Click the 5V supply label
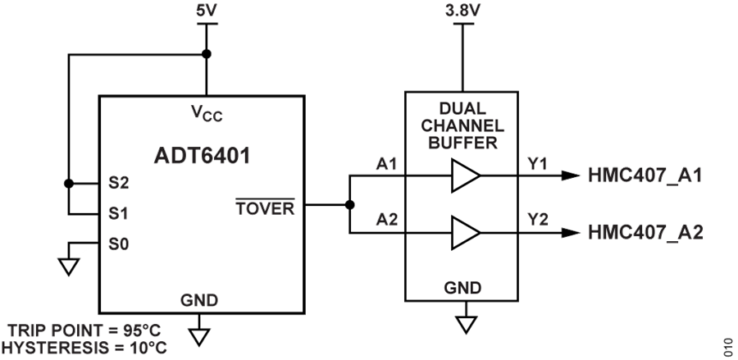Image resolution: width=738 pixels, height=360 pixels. click(x=207, y=12)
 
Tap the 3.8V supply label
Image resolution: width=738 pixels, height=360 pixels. click(x=463, y=12)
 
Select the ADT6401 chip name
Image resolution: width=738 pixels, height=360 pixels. click(x=202, y=155)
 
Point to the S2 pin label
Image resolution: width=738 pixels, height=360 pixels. click(x=119, y=182)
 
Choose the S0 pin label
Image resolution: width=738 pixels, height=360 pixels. click(x=119, y=244)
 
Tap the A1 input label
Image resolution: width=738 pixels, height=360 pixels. click(x=387, y=165)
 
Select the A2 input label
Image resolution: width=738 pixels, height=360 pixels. click(x=387, y=220)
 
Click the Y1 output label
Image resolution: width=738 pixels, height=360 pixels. click(x=538, y=165)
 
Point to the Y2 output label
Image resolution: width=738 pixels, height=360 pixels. click(x=538, y=220)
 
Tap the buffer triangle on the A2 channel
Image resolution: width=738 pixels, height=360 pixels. click(x=465, y=232)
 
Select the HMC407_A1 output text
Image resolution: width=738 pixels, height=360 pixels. click(x=645, y=175)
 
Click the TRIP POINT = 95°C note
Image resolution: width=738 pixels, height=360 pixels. click(x=84, y=330)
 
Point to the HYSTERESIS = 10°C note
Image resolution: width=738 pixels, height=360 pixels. click(x=84, y=348)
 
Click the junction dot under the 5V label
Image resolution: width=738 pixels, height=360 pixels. click(x=207, y=54)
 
